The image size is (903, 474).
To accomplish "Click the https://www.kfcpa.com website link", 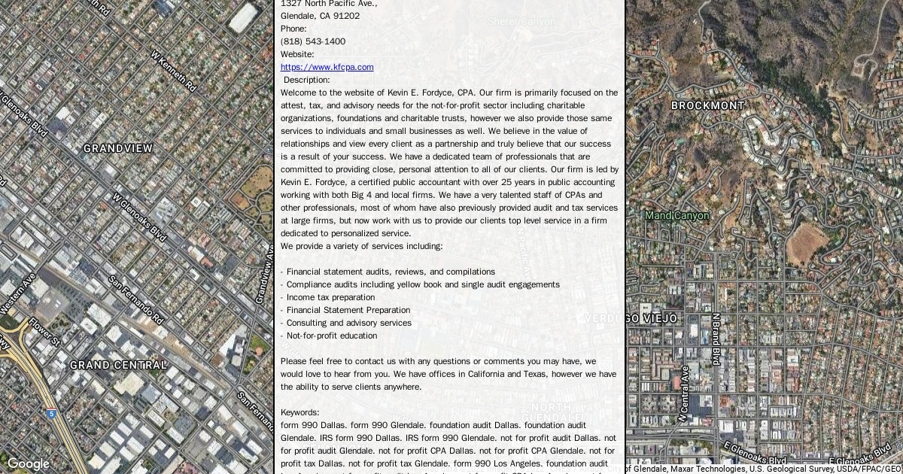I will tap(327, 67).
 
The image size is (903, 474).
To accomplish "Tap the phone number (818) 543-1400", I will tap(313, 41).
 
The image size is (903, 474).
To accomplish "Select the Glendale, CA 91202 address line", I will tap(320, 16).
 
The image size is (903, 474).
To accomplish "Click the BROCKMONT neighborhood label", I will tap(707, 105).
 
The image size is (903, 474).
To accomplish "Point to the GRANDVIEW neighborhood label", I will tap(118, 148).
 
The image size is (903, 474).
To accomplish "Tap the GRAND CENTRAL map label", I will tap(118, 365).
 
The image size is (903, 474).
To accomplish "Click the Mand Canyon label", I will tap(676, 216).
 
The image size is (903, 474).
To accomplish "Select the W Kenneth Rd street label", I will tap(174, 71).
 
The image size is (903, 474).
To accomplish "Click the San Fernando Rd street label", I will tap(136, 299).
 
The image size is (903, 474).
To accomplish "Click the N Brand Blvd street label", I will tap(716, 339).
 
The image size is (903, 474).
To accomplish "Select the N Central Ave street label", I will tap(683, 393).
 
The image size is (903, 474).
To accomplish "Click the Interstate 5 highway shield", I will tap(50, 413).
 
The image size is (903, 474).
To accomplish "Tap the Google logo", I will tap(28, 464).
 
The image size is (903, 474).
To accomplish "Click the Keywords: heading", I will tap(299, 412).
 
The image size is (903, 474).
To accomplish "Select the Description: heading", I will tap(306, 80).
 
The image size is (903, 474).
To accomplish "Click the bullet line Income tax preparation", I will tap(330, 297).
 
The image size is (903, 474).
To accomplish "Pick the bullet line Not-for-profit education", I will tap(332, 336).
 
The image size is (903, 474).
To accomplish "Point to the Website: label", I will tap(297, 54).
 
